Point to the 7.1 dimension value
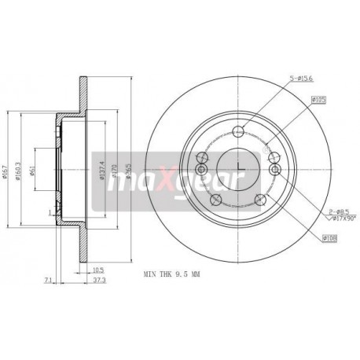[x=48, y=280]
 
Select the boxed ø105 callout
[x=318, y=99]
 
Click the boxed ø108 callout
[x=329, y=237]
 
